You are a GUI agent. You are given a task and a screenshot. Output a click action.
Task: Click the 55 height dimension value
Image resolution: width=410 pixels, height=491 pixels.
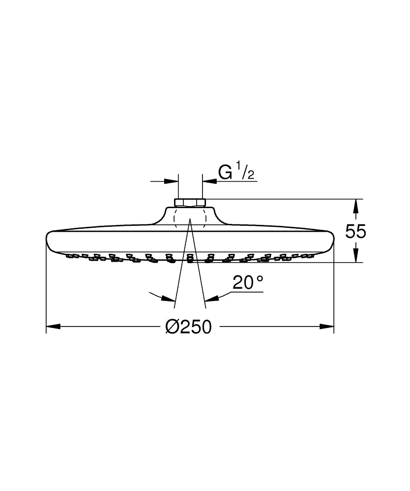click(x=355, y=231)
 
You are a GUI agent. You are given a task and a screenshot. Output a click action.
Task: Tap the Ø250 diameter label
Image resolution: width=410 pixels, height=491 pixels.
click(x=188, y=327)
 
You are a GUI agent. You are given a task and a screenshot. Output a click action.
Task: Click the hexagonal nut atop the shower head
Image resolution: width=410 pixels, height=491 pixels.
click(x=190, y=202)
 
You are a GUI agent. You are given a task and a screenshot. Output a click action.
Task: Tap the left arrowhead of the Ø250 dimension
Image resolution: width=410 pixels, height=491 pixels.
click(x=53, y=327)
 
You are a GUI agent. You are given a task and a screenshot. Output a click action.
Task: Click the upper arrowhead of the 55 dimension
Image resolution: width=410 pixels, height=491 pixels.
click(x=356, y=205)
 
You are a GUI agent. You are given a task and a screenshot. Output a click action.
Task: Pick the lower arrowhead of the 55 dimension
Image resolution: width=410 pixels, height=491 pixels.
click(x=356, y=256)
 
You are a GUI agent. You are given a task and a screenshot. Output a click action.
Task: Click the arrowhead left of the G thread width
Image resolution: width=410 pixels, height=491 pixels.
click(x=172, y=181)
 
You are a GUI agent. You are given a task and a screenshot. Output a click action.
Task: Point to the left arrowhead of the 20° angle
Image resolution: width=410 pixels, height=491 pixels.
click(x=170, y=298)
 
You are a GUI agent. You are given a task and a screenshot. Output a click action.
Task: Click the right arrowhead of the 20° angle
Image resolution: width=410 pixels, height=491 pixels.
click(x=210, y=298)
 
